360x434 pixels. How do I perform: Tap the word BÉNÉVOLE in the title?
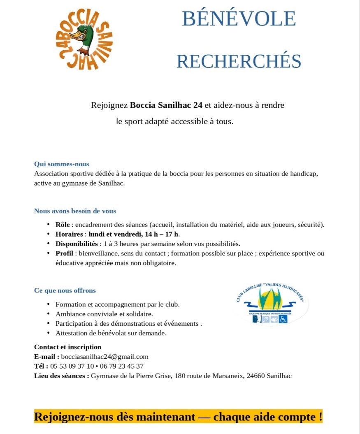coord(239,19)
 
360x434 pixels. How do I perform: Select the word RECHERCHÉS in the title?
coord(239,61)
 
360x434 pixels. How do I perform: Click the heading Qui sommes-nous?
coord(61,164)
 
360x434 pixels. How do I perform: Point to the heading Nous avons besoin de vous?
coord(75,211)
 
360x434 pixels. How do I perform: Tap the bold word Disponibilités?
coord(77,244)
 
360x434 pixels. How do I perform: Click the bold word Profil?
coord(64,253)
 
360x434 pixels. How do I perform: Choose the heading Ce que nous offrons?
coord(65,290)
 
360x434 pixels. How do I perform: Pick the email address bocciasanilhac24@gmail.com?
coord(105,357)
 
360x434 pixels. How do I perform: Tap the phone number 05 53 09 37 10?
coord(72,366)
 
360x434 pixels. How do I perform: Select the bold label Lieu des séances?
coord(61,376)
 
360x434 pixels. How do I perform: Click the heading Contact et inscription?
coord(67,347)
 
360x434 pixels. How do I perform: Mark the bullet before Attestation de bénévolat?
coord(48,333)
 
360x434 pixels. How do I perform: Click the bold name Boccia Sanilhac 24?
coord(166,105)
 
